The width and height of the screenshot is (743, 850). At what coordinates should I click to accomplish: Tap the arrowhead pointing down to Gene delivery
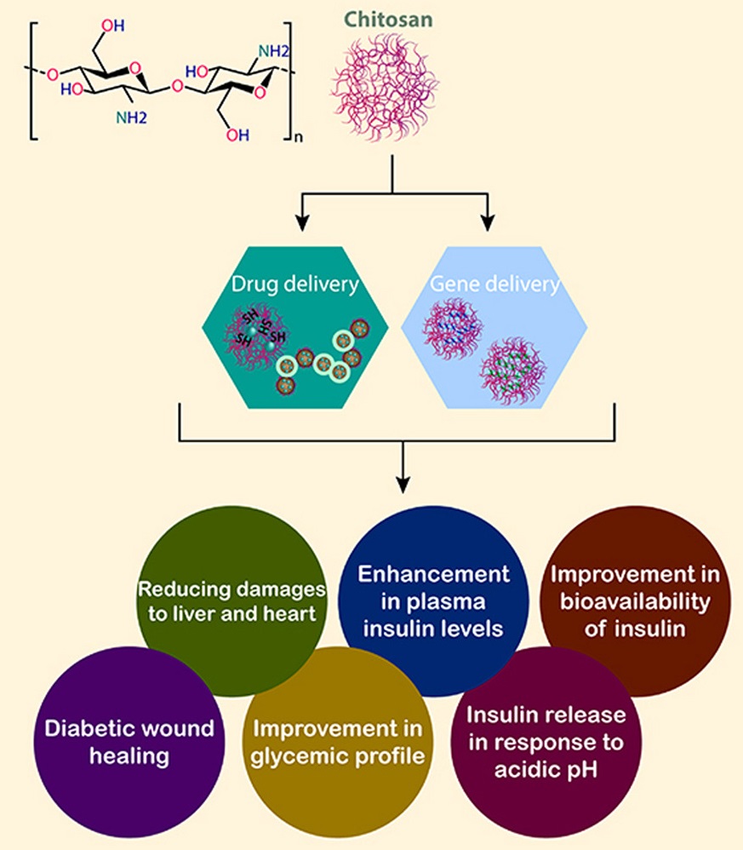(x=489, y=223)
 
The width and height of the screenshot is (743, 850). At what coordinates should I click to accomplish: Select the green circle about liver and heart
(x=232, y=600)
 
